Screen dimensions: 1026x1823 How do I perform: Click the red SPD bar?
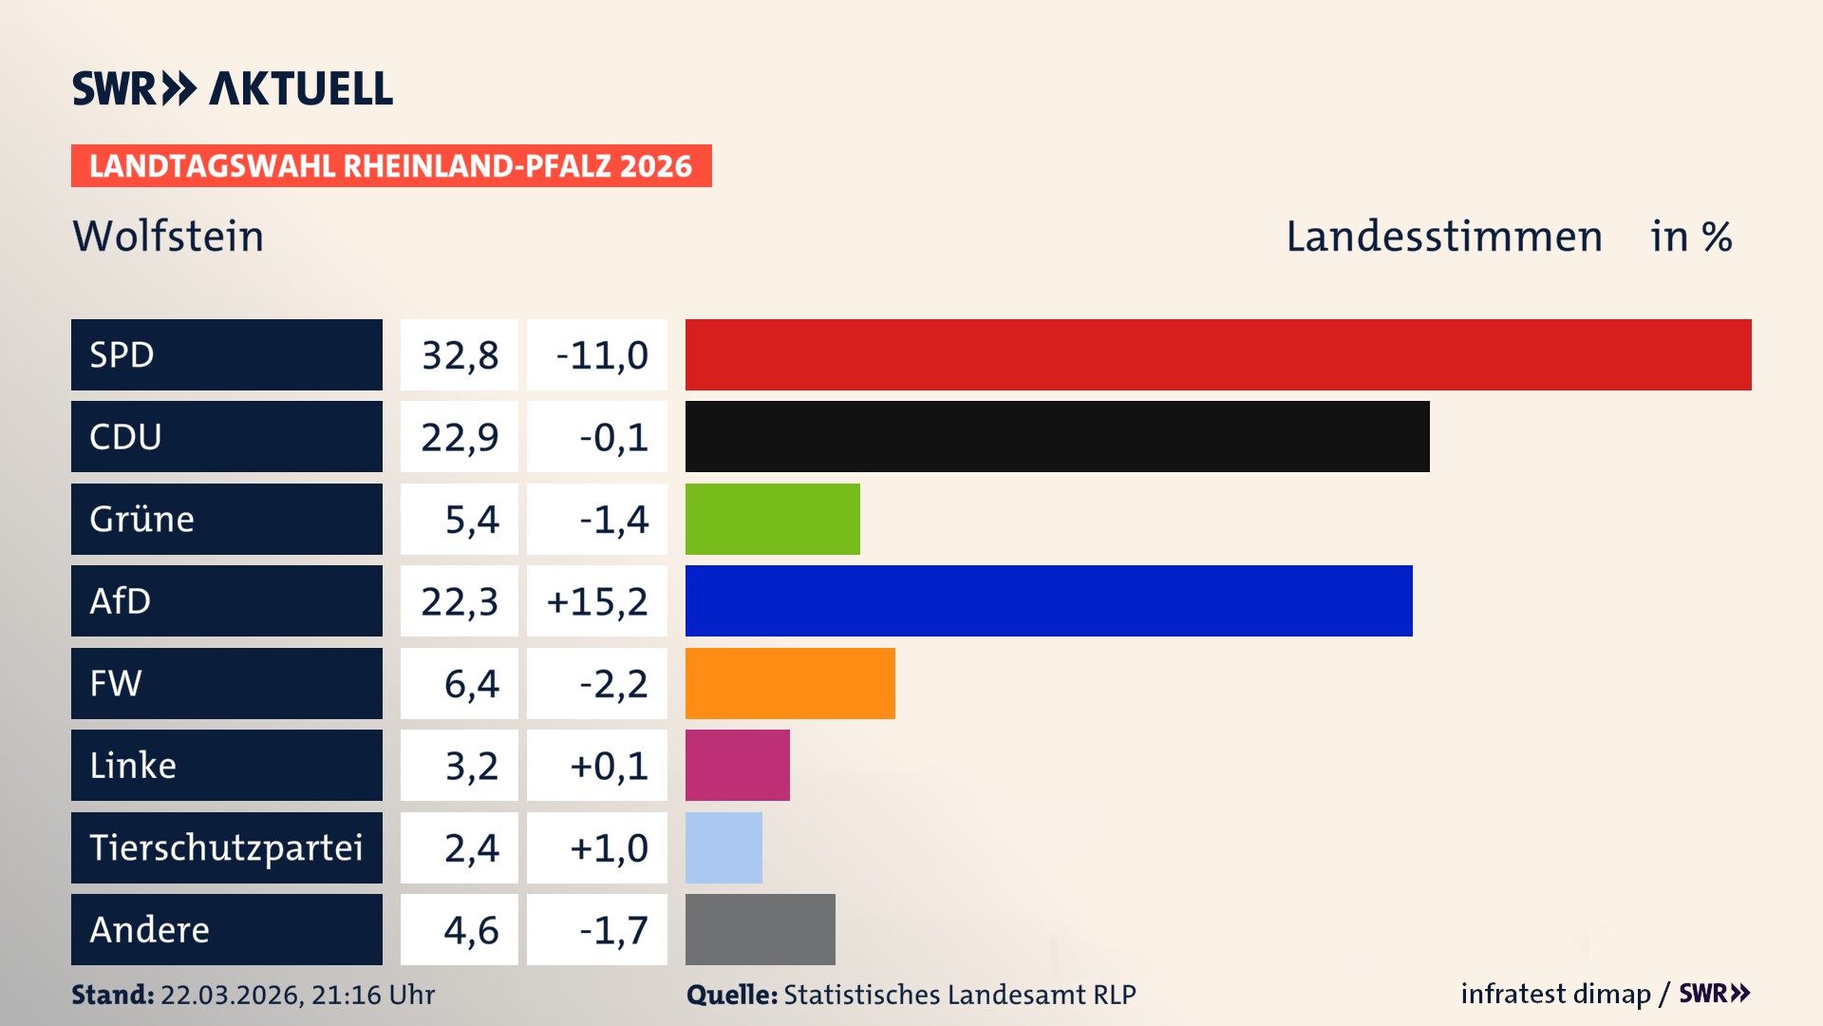click(x=1218, y=354)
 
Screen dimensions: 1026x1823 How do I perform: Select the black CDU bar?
click(x=1057, y=437)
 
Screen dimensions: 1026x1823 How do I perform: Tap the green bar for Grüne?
click(x=772, y=519)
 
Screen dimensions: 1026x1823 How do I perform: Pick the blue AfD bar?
click(x=1048, y=600)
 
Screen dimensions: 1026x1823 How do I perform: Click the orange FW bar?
click(x=790, y=683)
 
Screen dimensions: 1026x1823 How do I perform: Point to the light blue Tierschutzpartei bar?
click(x=724, y=847)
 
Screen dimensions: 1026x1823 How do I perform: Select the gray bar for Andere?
click(x=760, y=929)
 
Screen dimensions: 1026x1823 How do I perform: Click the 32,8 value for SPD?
click(x=460, y=355)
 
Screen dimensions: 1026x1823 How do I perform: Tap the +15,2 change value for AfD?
click(x=597, y=601)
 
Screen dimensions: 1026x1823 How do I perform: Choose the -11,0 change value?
click(x=601, y=355)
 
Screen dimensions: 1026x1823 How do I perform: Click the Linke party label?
click(x=133, y=766)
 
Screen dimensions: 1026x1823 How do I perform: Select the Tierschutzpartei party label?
click(x=226, y=847)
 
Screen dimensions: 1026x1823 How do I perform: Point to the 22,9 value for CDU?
click(x=460, y=437)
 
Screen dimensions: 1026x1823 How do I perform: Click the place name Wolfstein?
click(x=168, y=236)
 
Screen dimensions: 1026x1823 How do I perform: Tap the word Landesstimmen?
click(x=1443, y=236)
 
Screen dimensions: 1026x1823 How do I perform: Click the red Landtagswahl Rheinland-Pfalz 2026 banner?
click(x=391, y=166)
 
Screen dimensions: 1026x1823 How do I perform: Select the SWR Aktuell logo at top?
click(x=232, y=88)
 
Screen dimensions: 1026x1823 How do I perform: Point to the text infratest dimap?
click(x=1554, y=994)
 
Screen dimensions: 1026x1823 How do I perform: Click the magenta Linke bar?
click(x=737, y=766)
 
